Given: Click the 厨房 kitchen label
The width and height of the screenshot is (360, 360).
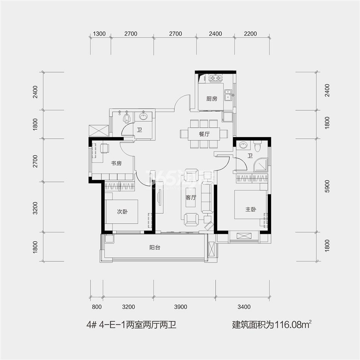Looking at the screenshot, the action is [x=211, y=99].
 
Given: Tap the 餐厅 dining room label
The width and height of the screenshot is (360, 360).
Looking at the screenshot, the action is [x=204, y=134].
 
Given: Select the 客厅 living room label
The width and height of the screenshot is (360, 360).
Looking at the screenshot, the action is [x=191, y=197].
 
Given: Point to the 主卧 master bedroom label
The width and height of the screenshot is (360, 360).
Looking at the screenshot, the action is [x=251, y=210].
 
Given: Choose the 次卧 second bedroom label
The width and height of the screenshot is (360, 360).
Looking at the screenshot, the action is [x=122, y=212].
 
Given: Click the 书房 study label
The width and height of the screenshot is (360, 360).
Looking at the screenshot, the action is [x=116, y=163].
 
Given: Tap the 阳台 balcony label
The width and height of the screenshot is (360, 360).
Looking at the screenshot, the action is [x=155, y=247].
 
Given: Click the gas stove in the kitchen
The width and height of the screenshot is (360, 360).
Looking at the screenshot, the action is [x=215, y=78].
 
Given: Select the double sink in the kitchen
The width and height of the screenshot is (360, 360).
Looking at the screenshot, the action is [x=228, y=95].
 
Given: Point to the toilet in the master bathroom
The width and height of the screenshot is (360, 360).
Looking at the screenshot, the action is [x=258, y=146].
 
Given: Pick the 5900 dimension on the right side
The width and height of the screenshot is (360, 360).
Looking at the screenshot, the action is [x=327, y=186].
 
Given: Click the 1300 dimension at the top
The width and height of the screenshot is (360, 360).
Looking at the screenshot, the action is [x=99, y=34].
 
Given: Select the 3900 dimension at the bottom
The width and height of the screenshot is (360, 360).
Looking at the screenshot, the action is [x=181, y=307].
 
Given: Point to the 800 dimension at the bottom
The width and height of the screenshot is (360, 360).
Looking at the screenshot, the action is [x=97, y=307].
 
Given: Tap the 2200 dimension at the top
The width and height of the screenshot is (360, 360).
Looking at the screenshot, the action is [x=250, y=34].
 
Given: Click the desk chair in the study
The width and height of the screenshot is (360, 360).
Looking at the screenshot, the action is [x=105, y=148].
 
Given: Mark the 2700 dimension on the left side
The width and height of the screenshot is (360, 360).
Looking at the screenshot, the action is [x=35, y=161].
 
